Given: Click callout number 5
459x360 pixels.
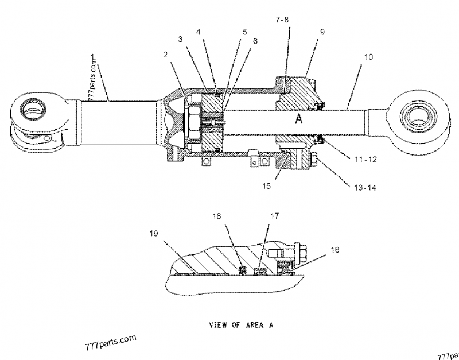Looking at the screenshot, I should click(x=245, y=32).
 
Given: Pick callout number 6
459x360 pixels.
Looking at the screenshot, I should click(x=255, y=42).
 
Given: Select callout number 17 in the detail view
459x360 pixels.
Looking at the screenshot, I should click(x=275, y=216).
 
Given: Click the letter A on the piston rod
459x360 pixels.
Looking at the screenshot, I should click(x=298, y=119).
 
